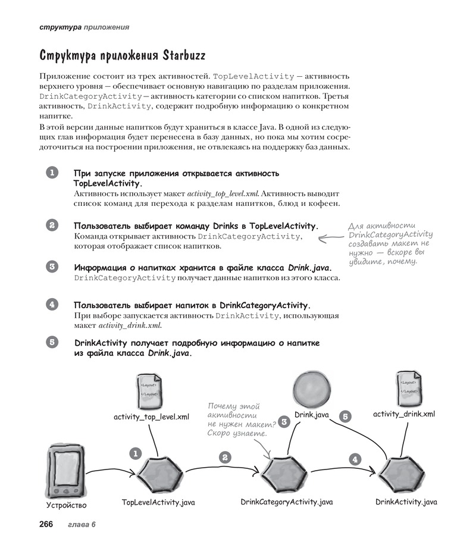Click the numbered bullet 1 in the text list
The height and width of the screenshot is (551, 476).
tap(52, 173)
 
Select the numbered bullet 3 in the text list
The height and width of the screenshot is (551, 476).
tap(52, 267)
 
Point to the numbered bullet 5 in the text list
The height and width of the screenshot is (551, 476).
tap(52, 342)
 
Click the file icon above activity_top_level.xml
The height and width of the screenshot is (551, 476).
tap(149, 390)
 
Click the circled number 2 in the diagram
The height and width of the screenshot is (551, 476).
tap(225, 457)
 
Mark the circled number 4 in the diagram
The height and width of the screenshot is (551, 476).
tap(355, 459)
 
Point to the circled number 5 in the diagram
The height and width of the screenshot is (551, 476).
tap(345, 417)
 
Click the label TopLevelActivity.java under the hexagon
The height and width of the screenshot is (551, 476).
tap(158, 502)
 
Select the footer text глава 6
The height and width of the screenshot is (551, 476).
tap(82, 524)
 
